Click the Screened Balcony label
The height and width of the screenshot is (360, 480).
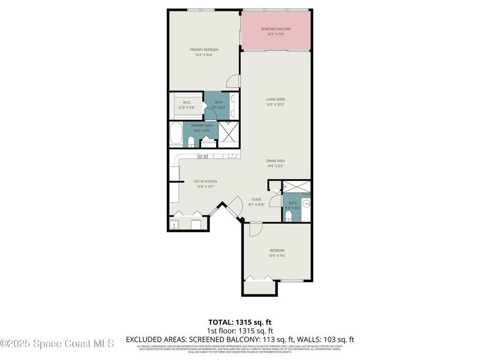[276, 29]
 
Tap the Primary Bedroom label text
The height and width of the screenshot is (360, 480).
[204, 50]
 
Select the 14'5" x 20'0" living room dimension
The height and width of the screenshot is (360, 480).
[276, 105]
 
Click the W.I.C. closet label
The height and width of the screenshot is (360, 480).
[187, 102]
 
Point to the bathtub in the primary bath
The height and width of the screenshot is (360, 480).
[176, 134]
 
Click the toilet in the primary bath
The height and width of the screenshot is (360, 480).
[191, 142]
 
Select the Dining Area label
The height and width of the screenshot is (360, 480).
[276, 161]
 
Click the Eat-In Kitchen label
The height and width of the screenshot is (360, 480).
[205, 181]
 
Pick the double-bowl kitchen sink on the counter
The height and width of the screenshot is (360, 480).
[203, 156]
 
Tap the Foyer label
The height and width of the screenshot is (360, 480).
[256, 199]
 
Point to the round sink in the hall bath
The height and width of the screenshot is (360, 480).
[306, 203]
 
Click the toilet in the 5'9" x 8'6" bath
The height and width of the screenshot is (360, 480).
[289, 216]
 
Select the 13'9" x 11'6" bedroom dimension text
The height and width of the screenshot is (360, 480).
[277, 255]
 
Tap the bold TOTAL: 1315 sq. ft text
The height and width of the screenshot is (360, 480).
[240, 322]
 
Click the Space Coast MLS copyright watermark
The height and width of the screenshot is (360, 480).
[57, 344]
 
